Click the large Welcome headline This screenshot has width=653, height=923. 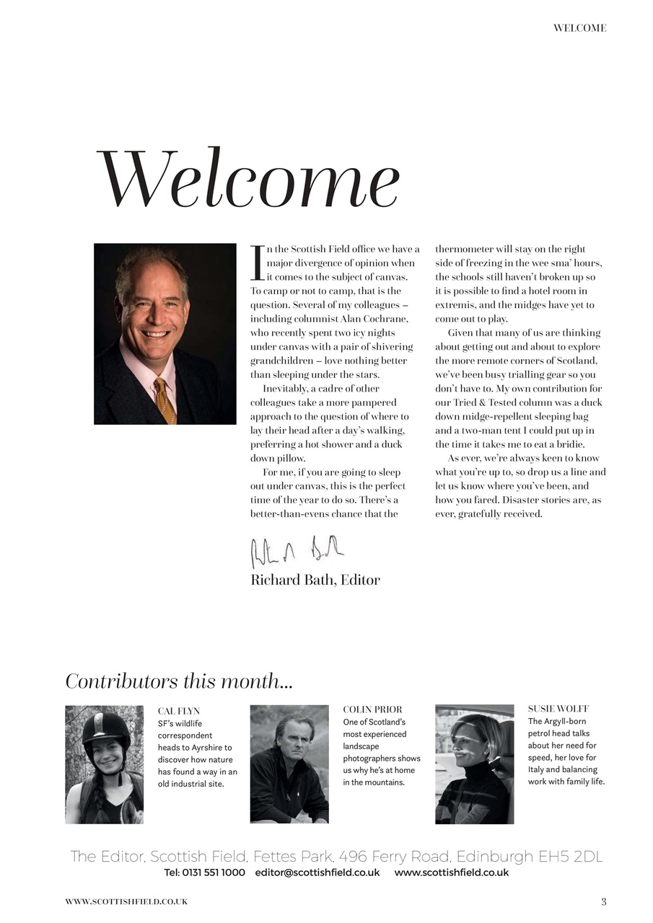247,179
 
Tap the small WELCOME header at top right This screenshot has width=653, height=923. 579,28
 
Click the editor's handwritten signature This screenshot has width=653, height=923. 297,552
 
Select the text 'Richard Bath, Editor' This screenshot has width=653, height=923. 315,580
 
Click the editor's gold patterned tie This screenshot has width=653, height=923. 165,400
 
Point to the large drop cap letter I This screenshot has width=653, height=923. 257,263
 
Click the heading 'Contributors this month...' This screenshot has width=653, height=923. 179,681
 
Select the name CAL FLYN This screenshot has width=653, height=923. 179,711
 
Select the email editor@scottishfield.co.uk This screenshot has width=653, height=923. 317,873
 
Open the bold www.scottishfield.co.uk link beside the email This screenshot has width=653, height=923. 451,873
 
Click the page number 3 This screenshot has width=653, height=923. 603,901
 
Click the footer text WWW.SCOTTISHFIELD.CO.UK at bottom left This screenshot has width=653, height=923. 126,901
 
